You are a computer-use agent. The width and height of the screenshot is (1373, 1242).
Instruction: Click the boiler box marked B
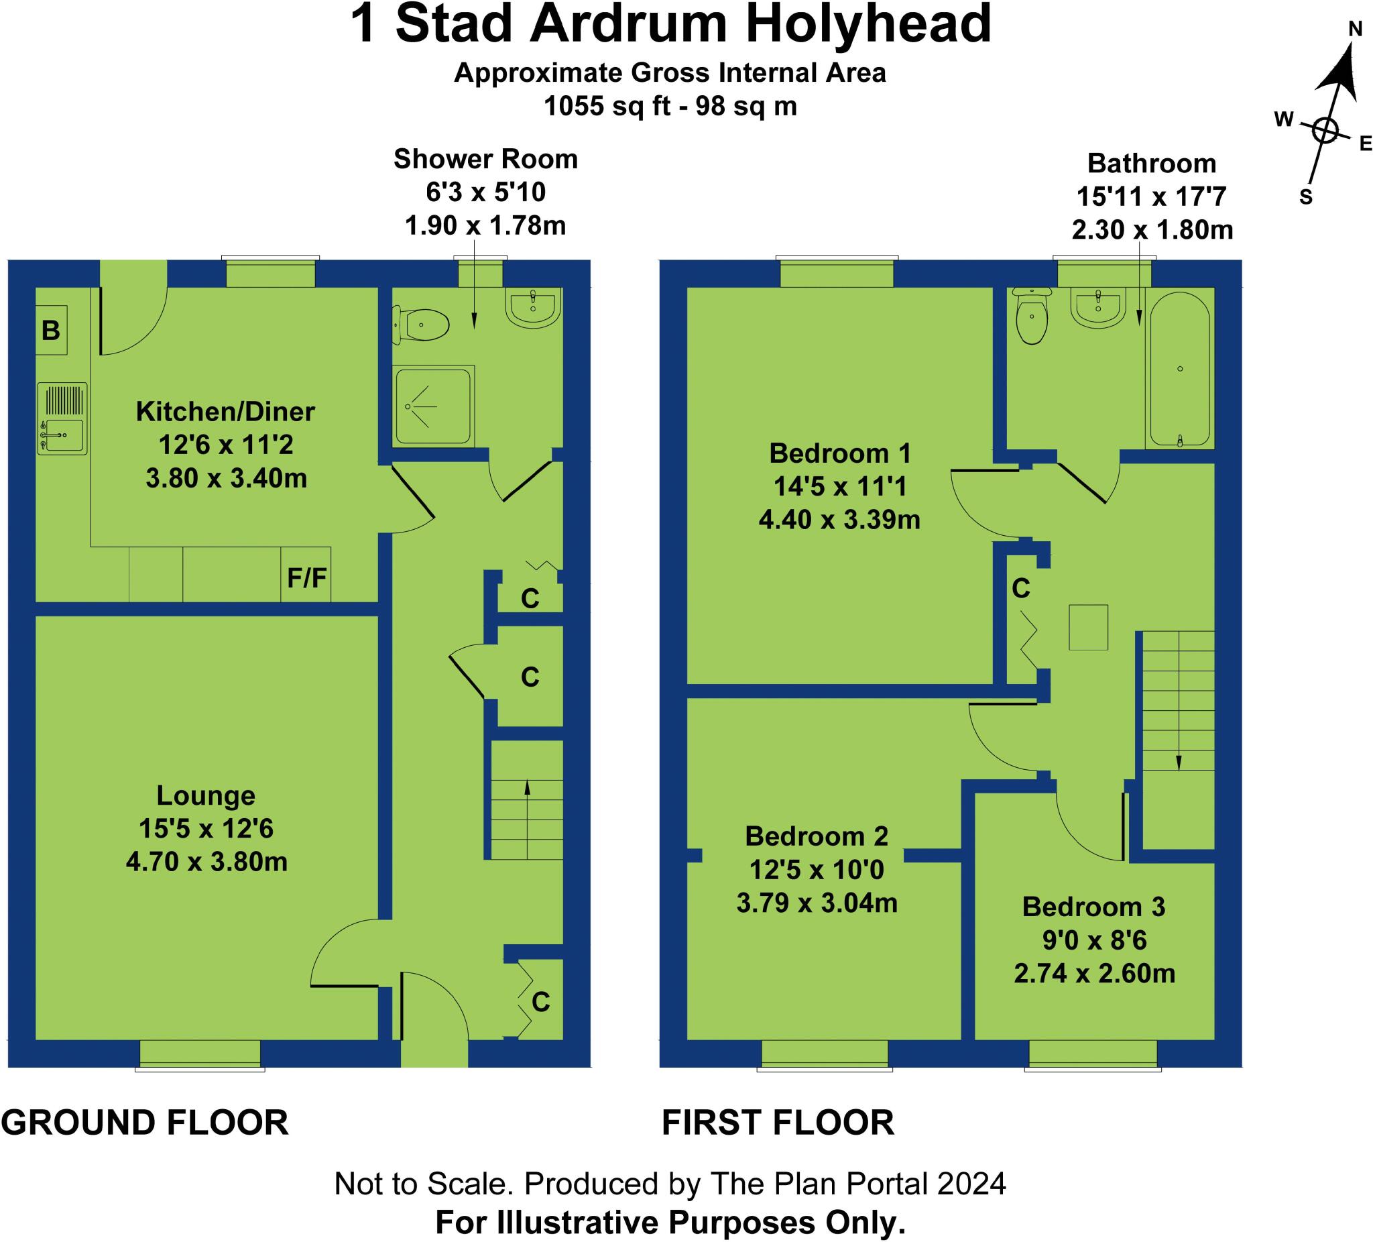[x=51, y=330]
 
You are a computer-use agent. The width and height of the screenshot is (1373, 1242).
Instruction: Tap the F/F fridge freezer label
[x=306, y=577]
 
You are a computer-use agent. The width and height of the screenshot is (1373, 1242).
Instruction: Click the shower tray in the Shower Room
[x=433, y=406]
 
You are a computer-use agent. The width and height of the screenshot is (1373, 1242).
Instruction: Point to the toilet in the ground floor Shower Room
[x=422, y=325]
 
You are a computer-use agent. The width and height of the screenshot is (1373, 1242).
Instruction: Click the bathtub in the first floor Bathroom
[x=1179, y=370]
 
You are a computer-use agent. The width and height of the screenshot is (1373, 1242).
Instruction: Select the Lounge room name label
[x=206, y=795]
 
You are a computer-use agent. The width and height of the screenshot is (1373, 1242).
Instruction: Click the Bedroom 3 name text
[x=1093, y=906]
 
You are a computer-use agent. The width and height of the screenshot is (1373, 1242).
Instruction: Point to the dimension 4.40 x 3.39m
[x=839, y=520]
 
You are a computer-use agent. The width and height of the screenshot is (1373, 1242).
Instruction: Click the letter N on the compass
[x=1356, y=29]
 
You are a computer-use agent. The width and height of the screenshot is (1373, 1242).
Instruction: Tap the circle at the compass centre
[x=1325, y=130]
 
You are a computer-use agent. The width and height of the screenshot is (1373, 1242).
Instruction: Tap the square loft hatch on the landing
[x=1088, y=627]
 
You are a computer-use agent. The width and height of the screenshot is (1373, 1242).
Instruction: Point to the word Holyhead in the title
[x=868, y=25]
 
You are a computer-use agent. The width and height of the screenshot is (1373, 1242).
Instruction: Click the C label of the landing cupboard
[x=1020, y=588]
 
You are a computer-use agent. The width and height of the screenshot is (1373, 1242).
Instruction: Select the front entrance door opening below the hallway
[x=434, y=1053]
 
